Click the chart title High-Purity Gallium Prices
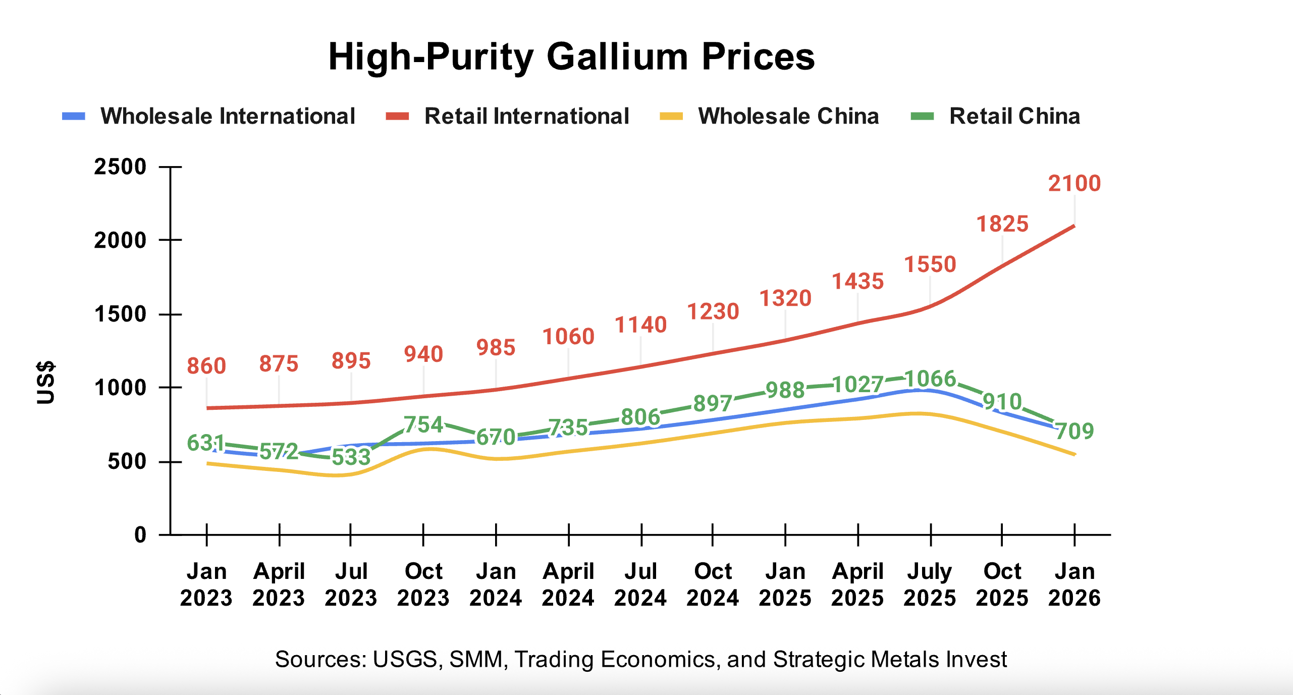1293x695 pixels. click(571, 56)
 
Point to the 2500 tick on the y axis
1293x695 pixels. click(120, 167)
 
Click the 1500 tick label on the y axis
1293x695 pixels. click(120, 314)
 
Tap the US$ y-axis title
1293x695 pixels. click(46, 383)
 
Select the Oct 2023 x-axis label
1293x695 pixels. click(423, 584)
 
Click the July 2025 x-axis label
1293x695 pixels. click(930, 584)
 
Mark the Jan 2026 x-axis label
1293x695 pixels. click(1074, 584)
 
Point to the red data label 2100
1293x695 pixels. click(1074, 183)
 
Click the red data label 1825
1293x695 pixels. click(1002, 224)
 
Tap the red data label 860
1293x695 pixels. click(206, 366)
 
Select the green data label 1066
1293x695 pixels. click(930, 379)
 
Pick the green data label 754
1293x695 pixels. click(423, 424)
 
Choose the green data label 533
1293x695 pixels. click(351, 457)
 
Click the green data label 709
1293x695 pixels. click(1075, 431)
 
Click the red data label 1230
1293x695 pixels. click(713, 311)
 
